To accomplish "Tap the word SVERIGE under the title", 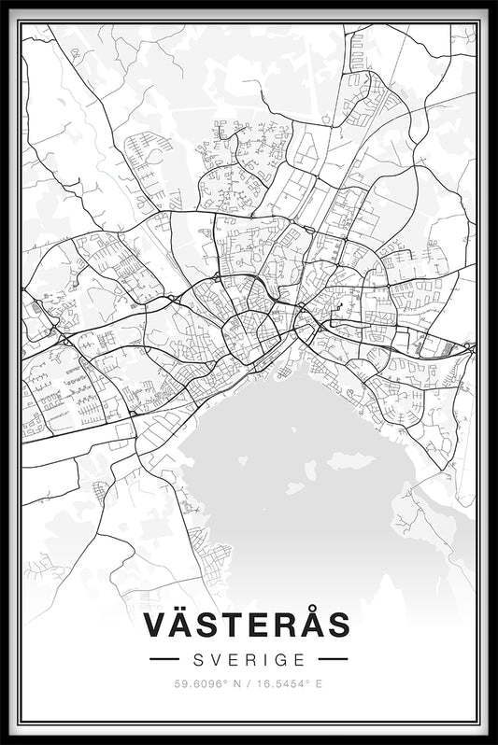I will (x=249, y=659).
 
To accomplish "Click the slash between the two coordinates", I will (x=248, y=683).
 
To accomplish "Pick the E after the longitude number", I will (x=319, y=683).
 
